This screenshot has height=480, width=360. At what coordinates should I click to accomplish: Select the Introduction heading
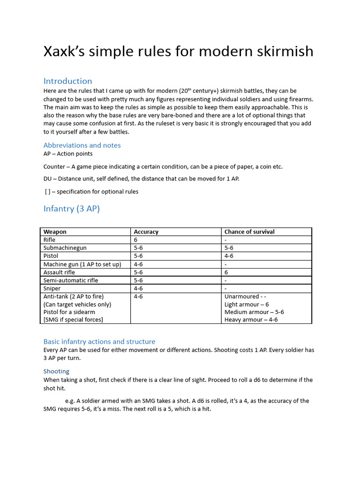(67, 81)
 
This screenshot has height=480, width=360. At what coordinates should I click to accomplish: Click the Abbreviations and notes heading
(82, 145)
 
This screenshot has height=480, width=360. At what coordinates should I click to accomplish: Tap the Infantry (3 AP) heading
(71, 209)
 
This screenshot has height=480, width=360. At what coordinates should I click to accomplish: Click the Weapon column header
(55, 232)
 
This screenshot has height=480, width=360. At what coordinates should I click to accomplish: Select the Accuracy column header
(146, 232)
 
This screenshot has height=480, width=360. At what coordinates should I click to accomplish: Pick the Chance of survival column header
(249, 232)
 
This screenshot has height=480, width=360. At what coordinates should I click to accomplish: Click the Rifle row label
(49, 240)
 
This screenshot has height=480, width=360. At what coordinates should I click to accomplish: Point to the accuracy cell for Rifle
(135, 240)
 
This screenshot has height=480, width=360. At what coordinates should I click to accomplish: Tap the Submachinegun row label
(65, 247)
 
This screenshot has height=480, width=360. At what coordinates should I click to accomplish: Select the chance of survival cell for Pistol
(229, 256)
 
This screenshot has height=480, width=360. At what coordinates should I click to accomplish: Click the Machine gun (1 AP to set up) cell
(82, 264)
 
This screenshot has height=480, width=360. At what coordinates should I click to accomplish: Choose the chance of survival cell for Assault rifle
(226, 272)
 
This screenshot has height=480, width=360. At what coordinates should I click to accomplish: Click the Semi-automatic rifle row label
(71, 280)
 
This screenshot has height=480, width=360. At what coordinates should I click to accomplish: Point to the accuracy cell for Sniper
(138, 288)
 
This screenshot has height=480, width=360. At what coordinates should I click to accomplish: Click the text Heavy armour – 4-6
(251, 320)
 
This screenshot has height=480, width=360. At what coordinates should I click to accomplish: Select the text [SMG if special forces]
(73, 320)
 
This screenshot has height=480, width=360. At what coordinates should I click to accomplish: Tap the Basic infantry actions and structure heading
(99, 342)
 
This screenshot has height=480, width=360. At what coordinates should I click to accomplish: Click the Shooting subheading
(56, 371)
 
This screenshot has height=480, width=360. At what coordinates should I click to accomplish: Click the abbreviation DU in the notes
(48, 179)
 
